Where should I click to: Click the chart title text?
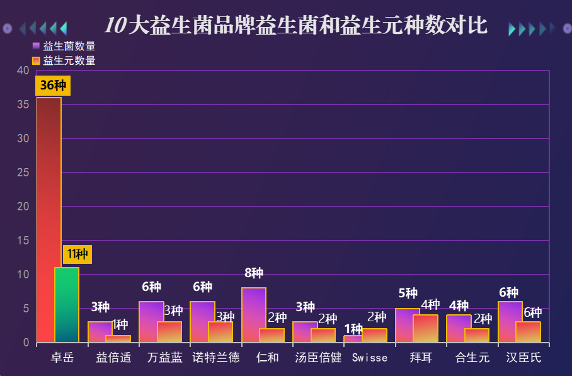click(295, 26)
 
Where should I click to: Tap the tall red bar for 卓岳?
click(49, 220)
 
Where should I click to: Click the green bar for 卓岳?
click(67, 305)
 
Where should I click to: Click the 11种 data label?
click(77, 254)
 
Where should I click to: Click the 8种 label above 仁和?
click(254, 273)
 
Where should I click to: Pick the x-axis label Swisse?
click(370, 358)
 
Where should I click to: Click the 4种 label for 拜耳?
click(430, 305)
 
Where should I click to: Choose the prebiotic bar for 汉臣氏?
click(529, 332)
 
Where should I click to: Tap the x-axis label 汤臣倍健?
click(318, 358)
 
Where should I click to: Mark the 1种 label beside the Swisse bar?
click(353, 329)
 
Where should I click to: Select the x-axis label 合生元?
click(472, 358)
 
